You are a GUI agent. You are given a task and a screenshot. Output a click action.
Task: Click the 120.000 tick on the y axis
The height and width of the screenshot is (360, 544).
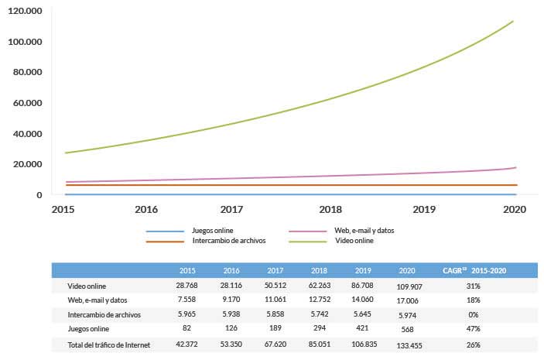pyautogui.click(x=28, y=11)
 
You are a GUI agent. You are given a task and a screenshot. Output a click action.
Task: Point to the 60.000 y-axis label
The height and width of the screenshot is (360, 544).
pyautogui.click(x=28, y=103)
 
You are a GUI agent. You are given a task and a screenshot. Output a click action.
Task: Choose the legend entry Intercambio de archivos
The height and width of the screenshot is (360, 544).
pyautogui.click(x=228, y=242)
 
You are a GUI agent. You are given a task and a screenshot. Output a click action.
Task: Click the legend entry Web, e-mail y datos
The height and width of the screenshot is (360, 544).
pyautogui.click(x=370, y=231)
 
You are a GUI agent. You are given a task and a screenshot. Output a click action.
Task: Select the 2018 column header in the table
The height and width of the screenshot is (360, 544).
pyautogui.click(x=320, y=271)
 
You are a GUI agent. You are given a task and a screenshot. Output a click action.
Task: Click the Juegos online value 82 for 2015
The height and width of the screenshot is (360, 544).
pyautogui.click(x=186, y=328)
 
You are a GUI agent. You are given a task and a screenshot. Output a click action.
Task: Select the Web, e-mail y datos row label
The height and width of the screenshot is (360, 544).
pyautogui.click(x=97, y=300)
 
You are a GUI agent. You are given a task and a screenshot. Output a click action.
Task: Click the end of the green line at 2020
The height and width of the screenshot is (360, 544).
pyautogui.click(x=512, y=22)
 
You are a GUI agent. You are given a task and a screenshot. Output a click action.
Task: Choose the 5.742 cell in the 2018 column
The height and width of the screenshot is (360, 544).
pyautogui.click(x=320, y=314)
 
